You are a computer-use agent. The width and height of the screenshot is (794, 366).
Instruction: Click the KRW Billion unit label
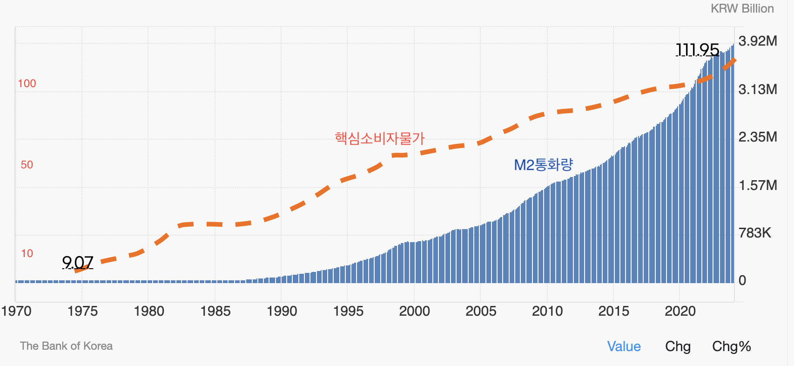[x=742, y=9]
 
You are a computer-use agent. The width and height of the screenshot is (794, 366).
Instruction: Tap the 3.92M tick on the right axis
[x=758, y=41]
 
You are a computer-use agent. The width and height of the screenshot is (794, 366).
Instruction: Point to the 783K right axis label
[x=755, y=232]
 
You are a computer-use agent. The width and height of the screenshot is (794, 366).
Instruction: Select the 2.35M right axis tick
[x=758, y=137]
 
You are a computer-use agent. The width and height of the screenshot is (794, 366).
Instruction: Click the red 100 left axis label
[x=27, y=83]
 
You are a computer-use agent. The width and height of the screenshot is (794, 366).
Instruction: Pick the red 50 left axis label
[x=27, y=165]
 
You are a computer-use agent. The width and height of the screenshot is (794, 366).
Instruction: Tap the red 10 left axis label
[x=27, y=253]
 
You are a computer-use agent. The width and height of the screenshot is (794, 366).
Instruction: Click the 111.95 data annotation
[x=697, y=49]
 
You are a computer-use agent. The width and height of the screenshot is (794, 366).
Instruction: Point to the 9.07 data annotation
[x=78, y=263]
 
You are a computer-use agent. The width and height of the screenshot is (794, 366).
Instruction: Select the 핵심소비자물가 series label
[x=379, y=138]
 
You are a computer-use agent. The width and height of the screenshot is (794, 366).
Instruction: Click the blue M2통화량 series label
[x=543, y=165]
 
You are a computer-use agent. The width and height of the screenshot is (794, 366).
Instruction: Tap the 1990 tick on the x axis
[x=282, y=311]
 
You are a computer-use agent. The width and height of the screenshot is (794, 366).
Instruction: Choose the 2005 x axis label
[x=481, y=311]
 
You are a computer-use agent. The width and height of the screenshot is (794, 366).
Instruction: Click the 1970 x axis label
[x=16, y=311]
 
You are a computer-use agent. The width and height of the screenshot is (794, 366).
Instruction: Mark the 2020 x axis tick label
[x=680, y=311]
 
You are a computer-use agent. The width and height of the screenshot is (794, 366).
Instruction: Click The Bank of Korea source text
[x=66, y=346]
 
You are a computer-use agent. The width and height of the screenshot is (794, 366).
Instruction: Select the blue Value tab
[x=624, y=346]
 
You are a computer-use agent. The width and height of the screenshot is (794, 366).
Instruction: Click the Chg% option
[x=731, y=346]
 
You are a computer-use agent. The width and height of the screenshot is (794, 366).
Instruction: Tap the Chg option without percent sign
[x=678, y=346]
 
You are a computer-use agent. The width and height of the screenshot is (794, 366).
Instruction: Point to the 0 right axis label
[x=742, y=280]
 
